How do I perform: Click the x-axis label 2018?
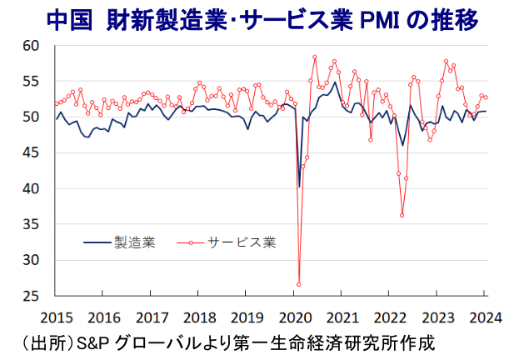click(x=199, y=317)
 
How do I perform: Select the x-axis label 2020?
click(x=295, y=317)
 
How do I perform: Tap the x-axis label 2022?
click(x=391, y=317)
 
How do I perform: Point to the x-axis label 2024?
click(x=485, y=317)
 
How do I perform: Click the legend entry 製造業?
click(x=134, y=243)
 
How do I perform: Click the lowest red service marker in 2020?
click(x=298, y=284)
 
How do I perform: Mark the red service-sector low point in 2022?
click(x=402, y=215)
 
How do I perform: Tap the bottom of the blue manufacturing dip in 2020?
click(x=299, y=187)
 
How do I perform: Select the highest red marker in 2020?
click(x=315, y=57)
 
